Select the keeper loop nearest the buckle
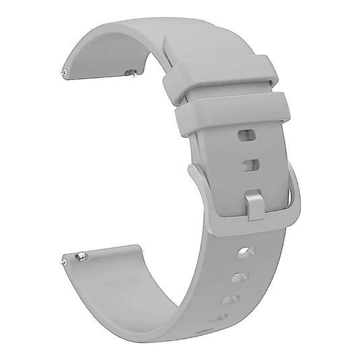(x=233, y=114)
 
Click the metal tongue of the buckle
(x=254, y=205)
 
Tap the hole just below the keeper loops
(x=247, y=135)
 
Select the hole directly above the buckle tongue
(x=251, y=165)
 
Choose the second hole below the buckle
(x=240, y=277)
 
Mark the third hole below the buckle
(x=230, y=299)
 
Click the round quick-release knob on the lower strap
(x=81, y=256)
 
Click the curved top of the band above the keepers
(x=168, y=34)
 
